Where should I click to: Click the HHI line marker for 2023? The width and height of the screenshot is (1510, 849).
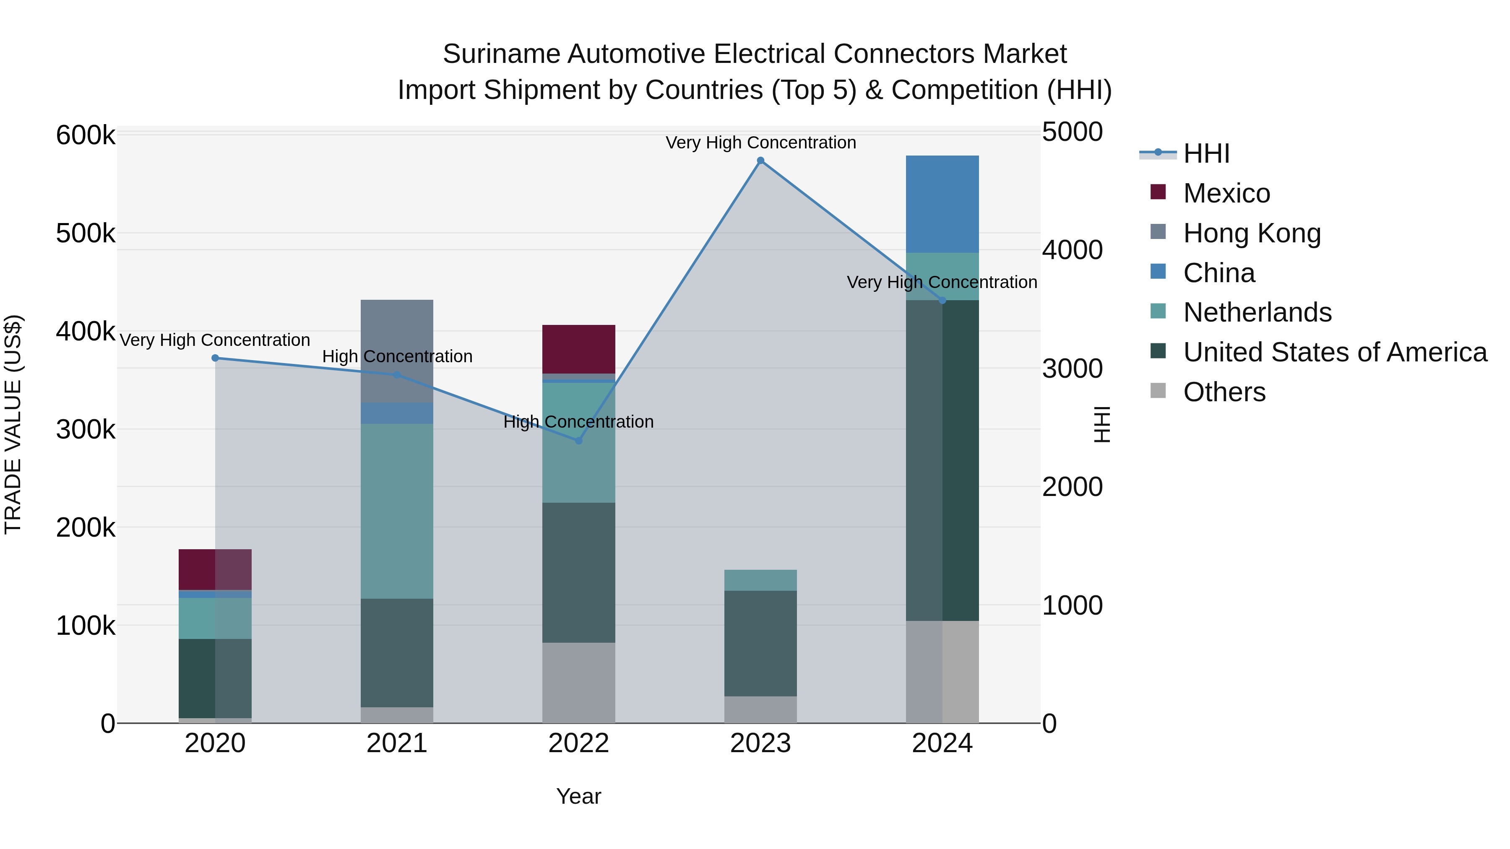[x=760, y=161]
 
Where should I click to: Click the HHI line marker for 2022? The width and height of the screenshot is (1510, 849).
[x=578, y=441]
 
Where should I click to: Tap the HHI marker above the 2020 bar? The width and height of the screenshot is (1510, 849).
[x=215, y=358]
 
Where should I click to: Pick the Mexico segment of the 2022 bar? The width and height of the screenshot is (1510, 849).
[x=578, y=349]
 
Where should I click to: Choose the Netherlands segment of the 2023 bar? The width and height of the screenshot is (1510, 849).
[x=760, y=580]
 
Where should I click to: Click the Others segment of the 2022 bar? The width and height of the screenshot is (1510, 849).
[x=578, y=683]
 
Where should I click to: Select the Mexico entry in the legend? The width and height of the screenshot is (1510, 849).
[x=1226, y=193]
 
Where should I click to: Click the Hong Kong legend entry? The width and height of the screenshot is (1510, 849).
[x=1252, y=233]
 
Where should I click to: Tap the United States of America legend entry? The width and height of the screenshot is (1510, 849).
[x=1335, y=352]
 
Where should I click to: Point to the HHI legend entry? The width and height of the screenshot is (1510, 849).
[x=1206, y=153]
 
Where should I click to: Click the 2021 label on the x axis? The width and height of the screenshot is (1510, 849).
[x=397, y=743]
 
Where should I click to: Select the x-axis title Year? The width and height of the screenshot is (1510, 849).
[x=578, y=796]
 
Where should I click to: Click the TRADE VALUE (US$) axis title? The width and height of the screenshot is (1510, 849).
[x=13, y=424]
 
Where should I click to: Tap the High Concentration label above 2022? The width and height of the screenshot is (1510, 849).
[x=578, y=422]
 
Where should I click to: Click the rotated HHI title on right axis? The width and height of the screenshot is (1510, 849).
[x=1102, y=424]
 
